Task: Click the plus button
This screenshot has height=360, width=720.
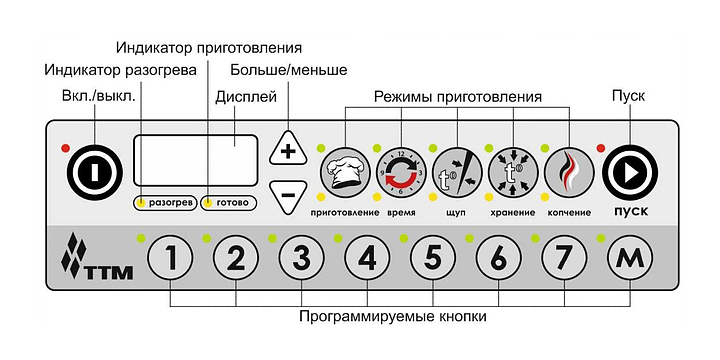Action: click(x=288, y=149)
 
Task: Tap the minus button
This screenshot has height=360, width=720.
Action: click(x=288, y=195)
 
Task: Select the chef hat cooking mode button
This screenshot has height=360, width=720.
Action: click(x=345, y=172)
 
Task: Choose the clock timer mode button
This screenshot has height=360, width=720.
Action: click(x=401, y=172)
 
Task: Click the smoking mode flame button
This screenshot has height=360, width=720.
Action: click(x=569, y=172)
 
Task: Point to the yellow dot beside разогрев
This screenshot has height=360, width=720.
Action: click(x=142, y=202)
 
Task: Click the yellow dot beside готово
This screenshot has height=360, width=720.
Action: click(x=208, y=202)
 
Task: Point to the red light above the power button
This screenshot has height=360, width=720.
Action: click(x=66, y=148)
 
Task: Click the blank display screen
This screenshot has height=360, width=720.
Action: click(x=195, y=160)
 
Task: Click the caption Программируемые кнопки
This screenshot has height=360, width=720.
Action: click(x=393, y=317)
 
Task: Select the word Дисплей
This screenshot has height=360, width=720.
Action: click(x=246, y=97)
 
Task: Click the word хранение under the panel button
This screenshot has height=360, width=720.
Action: click(x=512, y=213)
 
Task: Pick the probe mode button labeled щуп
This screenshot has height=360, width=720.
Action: click(x=457, y=172)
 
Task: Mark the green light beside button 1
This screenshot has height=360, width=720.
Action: click(x=141, y=238)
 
